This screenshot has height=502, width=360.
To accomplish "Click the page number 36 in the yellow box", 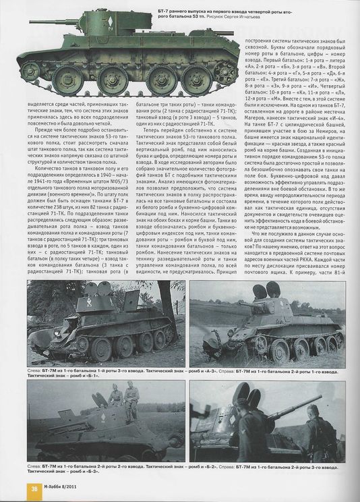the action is point(32,489).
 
